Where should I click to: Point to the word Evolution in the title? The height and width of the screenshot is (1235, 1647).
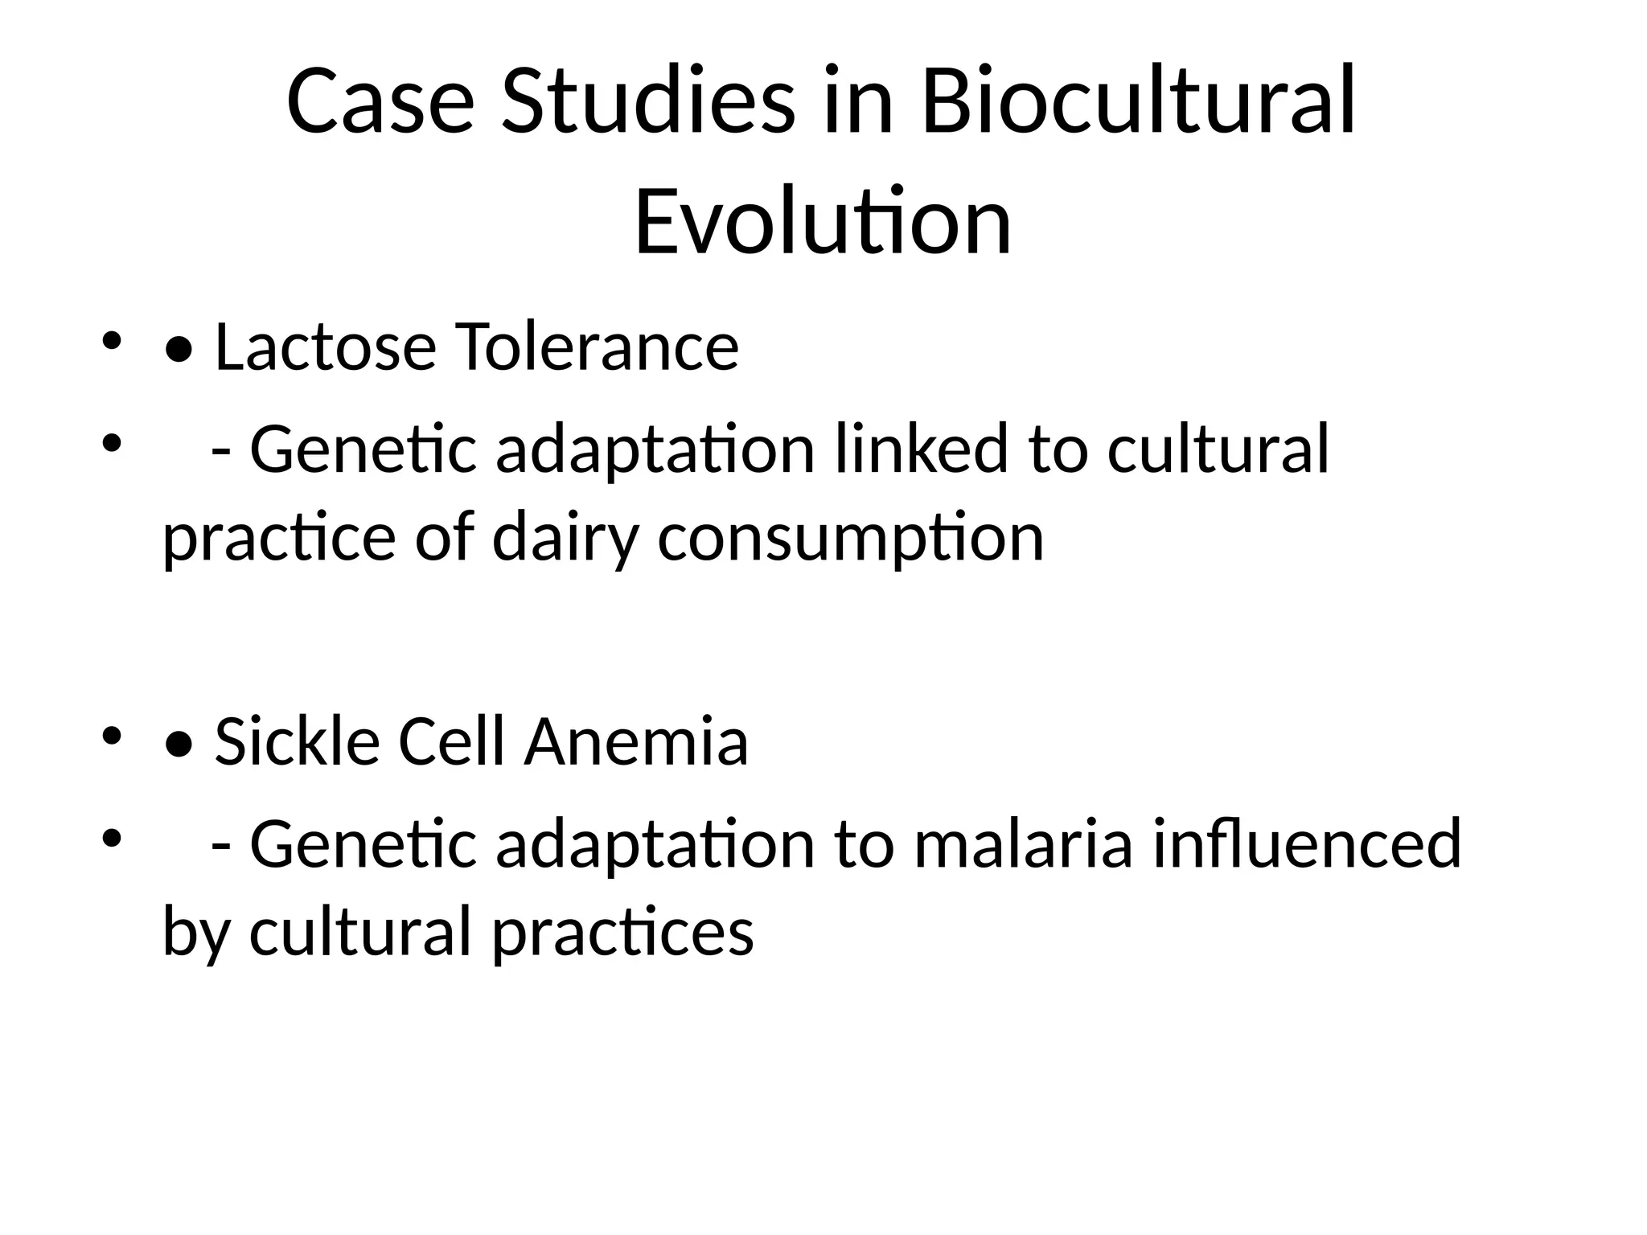[x=823, y=221]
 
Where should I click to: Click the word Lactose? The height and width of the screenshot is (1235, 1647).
[x=325, y=347]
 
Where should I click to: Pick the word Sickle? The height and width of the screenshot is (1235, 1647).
[x=297, y=741]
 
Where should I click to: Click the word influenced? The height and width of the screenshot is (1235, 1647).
[x=1306, y=843]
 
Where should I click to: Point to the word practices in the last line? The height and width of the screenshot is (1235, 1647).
[x=622, y=932]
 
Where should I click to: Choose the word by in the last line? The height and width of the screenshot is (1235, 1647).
[x=196, y=932]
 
